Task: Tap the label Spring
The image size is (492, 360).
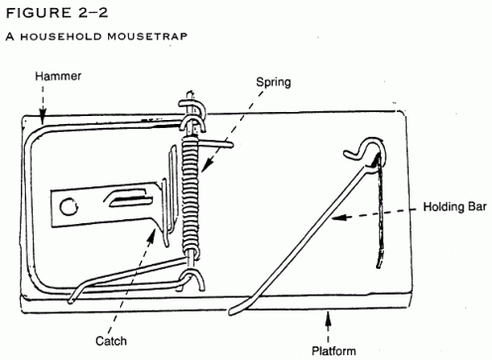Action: pos(274,82)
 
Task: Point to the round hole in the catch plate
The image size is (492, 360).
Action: pos(67,206)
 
